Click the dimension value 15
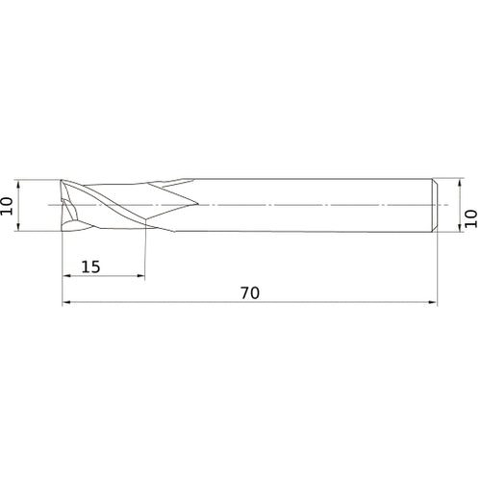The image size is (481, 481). (90, 266)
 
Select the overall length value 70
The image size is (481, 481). (250, 293)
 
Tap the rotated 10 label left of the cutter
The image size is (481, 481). (7, 206)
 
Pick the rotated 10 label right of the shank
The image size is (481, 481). (471, 218)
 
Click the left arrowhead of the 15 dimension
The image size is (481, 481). (66, 275)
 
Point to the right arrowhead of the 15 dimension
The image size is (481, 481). (140, 275)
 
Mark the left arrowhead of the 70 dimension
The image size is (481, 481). (66, 302)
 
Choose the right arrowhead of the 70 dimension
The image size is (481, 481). (433, 302)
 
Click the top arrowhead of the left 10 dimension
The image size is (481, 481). (18, 185)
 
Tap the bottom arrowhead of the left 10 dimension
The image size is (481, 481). (18, 226)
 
